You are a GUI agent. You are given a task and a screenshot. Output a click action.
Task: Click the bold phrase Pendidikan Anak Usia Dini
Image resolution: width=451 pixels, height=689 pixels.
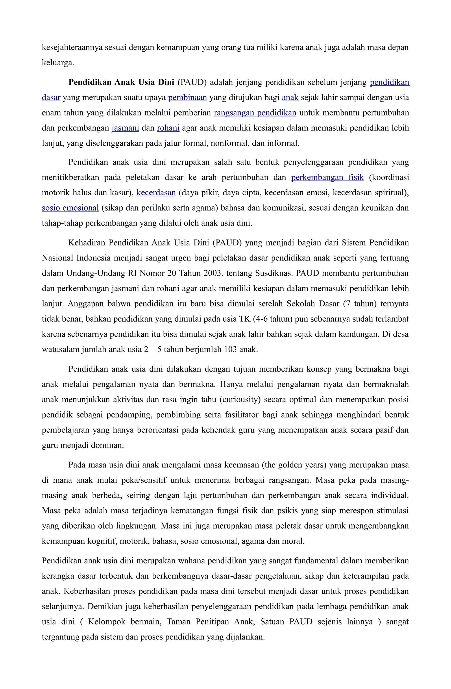point(121,82)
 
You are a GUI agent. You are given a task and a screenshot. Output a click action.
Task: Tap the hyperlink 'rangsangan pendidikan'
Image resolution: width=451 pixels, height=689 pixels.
point(255,113)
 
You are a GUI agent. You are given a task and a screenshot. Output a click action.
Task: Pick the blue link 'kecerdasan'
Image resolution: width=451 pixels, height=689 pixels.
point(156,193)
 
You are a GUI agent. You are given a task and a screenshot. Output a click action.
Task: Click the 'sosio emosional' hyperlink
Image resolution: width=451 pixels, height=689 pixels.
point(70,208)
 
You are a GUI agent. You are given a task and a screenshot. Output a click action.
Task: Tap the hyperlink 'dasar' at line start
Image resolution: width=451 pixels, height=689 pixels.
point(51,97)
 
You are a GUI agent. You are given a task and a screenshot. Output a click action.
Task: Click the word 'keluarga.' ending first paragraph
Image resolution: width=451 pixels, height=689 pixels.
point(58,62)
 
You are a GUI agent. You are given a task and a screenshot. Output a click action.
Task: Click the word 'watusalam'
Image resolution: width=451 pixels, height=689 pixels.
point(61,349)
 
